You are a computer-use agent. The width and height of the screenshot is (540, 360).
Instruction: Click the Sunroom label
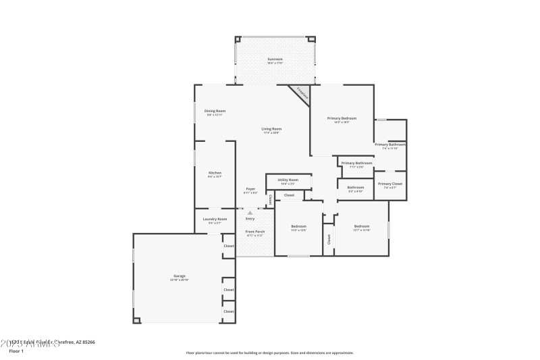(x=275, y=59)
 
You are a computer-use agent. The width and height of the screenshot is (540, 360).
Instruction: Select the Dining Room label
(x=215, y=111)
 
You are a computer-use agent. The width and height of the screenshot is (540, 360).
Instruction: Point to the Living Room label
(x=272, y=129)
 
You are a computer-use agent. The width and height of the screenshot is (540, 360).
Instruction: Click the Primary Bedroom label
(x=342, y=119)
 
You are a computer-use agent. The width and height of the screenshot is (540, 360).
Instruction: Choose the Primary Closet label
(x=390, y=184)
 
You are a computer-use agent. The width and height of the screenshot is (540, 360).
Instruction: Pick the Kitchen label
(x=215, y=173)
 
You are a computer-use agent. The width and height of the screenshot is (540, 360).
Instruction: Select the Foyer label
(x=250, y=189)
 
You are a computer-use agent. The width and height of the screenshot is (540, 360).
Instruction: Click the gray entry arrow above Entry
(x=250, y=213)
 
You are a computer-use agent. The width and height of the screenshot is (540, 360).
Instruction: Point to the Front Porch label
(x=254, y=232)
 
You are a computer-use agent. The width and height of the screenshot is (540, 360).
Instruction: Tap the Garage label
(x=179, y=276)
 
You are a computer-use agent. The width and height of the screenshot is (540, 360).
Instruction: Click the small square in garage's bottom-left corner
(x=137, y=319)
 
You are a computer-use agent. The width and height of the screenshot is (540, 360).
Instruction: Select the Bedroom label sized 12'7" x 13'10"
(x=362, y=226)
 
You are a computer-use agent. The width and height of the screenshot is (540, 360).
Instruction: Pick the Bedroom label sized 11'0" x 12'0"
(x=298, y=226)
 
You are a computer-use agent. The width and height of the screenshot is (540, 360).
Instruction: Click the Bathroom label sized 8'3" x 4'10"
(x=356, y=188)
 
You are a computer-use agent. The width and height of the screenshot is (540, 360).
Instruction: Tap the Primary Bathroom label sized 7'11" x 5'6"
(x=356, y=163)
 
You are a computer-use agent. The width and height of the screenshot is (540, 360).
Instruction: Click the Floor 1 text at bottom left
(x=16, y=351)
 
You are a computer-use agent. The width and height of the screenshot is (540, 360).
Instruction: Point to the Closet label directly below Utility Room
(x=289, y=195)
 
